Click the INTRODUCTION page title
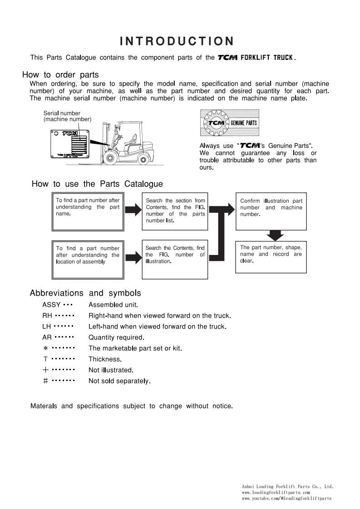pos(177,42)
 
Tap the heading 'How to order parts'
pos(60,75)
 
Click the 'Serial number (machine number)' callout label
pos(67,116)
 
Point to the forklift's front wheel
pos(109,158)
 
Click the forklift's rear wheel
pos(143,159)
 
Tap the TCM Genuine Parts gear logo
pos(229,123)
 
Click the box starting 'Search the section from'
pos(175,211)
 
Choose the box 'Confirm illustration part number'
pos(271,211)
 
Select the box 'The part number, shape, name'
pos(271,257)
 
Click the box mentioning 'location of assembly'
pos(87,259)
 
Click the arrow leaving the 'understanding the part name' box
pos(133,210)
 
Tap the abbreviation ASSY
pos(51,305)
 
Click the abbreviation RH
pos(47,316)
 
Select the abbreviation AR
pos(47,338)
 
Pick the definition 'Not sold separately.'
pos(119,381)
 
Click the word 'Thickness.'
pos(105,359)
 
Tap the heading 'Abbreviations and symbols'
pos(85,293)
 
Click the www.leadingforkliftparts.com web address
pos(276,492)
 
